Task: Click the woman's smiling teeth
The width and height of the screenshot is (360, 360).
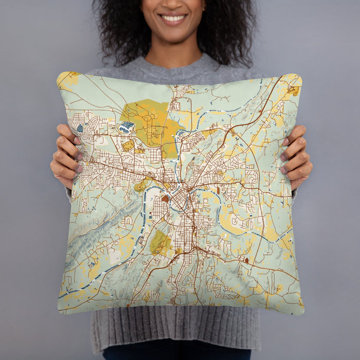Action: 173,19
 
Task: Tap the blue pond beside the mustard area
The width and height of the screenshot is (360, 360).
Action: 127,127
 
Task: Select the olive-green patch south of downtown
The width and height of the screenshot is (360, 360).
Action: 159,242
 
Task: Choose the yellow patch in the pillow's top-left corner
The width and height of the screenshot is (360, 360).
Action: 67,79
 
